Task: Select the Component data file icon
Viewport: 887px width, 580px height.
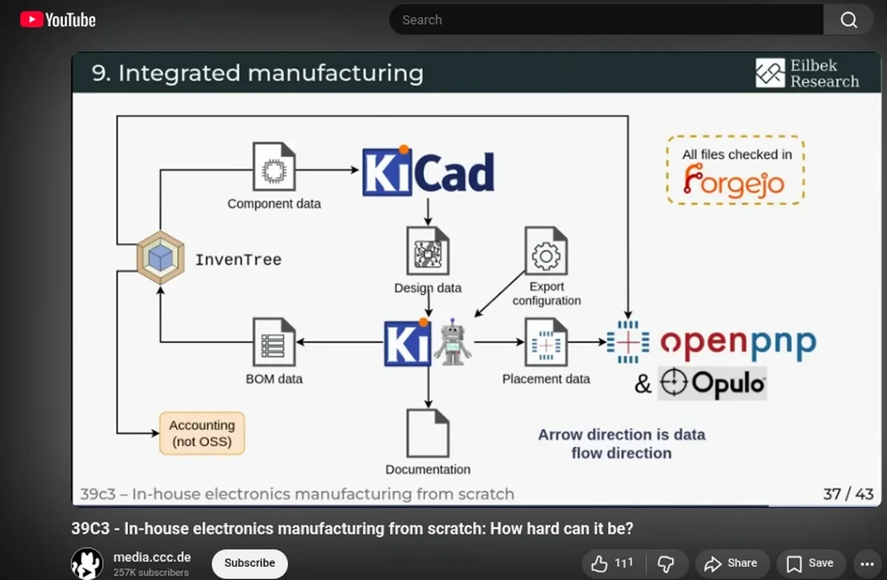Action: [274, 167]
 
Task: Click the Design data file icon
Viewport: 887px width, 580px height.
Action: [428, 251]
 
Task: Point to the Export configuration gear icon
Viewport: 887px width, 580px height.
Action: [546, 253]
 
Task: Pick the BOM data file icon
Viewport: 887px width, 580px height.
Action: [274, 342]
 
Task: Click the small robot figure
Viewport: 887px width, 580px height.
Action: [453, 342]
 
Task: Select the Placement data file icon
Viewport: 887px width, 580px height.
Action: [546, 342]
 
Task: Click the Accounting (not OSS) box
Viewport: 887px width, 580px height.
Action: [202, 433]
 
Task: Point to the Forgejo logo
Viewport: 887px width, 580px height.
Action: [734, 182]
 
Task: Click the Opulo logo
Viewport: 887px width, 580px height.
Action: [712, 383]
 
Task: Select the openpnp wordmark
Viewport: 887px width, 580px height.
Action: [738, 342]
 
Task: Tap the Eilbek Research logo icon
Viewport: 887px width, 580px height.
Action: [770, 73]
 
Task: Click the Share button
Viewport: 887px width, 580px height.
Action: [731, 563]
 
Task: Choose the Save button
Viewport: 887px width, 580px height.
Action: [810, 563]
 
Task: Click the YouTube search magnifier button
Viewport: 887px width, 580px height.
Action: [849, 20]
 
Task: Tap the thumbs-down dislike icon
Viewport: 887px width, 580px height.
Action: [665, 563]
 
